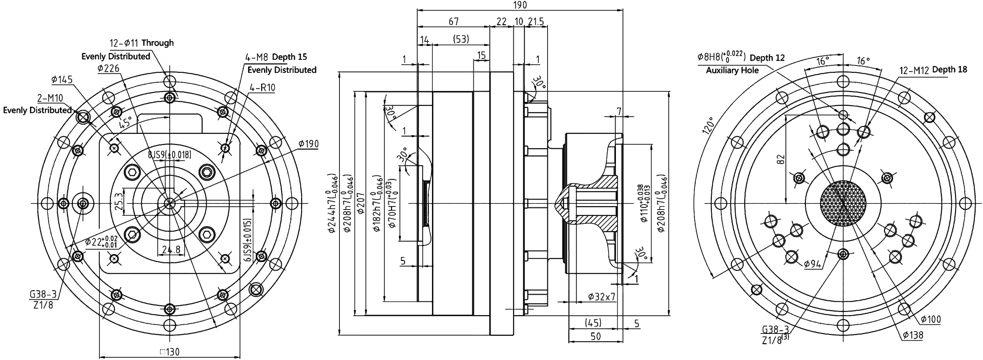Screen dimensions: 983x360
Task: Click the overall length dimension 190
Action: click(x=520, y=5)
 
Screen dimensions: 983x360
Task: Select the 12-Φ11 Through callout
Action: click(x=142, y=43)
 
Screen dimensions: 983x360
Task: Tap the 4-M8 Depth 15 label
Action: click(x=276, y=57)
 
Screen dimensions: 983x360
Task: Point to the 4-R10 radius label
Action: click(x=262, y=88)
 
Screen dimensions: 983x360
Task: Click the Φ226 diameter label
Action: click(x=108, y=68)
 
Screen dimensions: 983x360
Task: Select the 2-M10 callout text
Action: click(x=50, y=98)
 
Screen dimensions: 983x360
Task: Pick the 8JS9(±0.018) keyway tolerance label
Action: click(x=169, y=155)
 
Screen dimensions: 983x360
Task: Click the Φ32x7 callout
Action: click(x=602, y=297)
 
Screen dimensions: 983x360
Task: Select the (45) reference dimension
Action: click(x=592, y=323)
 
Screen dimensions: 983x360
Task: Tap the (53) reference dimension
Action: click(x=461, y=39)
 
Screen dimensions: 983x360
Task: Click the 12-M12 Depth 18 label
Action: click(x=933, y=70)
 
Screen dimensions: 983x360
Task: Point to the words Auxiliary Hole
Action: click(x=732, y=71)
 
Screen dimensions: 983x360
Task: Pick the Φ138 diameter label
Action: click(x=913, y=335)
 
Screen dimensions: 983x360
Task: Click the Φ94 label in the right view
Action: click(x=812, y=264)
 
